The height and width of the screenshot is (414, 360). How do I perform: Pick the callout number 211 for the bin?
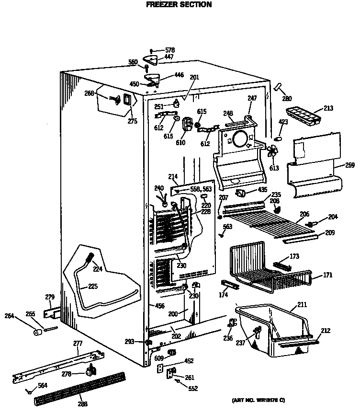pos(302,305)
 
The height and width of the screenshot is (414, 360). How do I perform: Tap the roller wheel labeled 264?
pos(36,333)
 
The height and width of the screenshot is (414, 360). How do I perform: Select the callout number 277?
pos(78,344)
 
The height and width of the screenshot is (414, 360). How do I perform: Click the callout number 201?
pos(194,78)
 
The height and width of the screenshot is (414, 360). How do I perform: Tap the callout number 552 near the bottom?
pos(192,389)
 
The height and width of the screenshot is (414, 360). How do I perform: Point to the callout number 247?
pos(252,98)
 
